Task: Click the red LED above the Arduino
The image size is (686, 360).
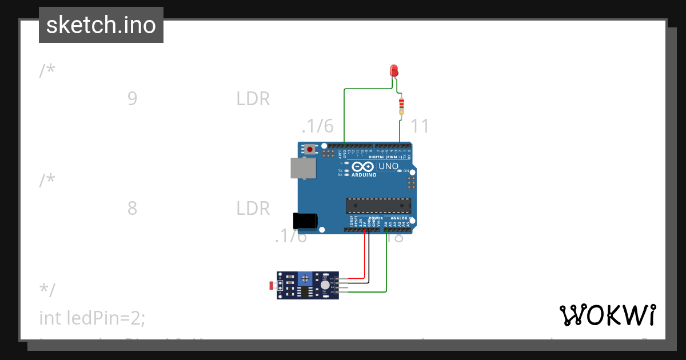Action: (393, 70)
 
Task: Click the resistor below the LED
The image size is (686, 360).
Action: (401, 106)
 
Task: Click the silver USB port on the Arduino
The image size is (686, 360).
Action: (303, 168)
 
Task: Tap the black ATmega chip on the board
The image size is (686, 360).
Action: (378, 205)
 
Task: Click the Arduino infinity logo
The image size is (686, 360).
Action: (362, 167)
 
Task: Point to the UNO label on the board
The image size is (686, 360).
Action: (389, 166)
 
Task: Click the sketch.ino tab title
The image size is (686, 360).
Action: (101, 25)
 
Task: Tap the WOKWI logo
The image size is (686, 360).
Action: (607, 315)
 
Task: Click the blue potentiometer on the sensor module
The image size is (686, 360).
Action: (306, 278)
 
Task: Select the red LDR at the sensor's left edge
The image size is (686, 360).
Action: (271, 285)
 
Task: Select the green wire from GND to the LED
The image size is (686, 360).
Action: (344, 114)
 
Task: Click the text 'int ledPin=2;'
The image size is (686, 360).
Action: (92, 318)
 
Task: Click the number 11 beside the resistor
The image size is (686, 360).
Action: (420, 126)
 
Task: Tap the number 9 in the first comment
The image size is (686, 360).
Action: (132, 99)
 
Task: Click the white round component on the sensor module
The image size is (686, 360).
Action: (325, 285)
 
